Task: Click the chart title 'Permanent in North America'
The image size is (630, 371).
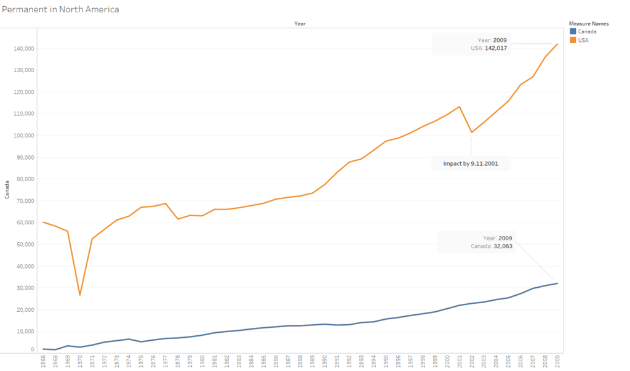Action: click(x=60, y=10)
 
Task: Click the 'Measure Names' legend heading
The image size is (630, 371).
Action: click(x=589, y=23)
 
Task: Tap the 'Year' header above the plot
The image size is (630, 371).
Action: click(x=300, y=23)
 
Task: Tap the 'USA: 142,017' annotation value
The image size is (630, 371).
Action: click(x=489, y=48)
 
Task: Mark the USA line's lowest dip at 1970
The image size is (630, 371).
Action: click(x=79, y=295)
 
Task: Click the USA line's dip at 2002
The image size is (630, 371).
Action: click(x=471, y=132)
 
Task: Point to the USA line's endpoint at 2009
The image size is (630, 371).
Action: click(x=557, y=44)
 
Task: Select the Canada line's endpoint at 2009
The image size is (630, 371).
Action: click(x=557, y=283)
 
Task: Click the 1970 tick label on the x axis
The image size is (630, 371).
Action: click(x=79, y=362)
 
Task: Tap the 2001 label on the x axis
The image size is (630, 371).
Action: click(x=459, y=362)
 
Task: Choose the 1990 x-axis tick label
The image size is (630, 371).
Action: click(x=325, y=362)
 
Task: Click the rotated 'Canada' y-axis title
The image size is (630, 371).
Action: click(x=7, y=189)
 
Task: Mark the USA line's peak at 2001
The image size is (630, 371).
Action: click(x=459, y=107)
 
